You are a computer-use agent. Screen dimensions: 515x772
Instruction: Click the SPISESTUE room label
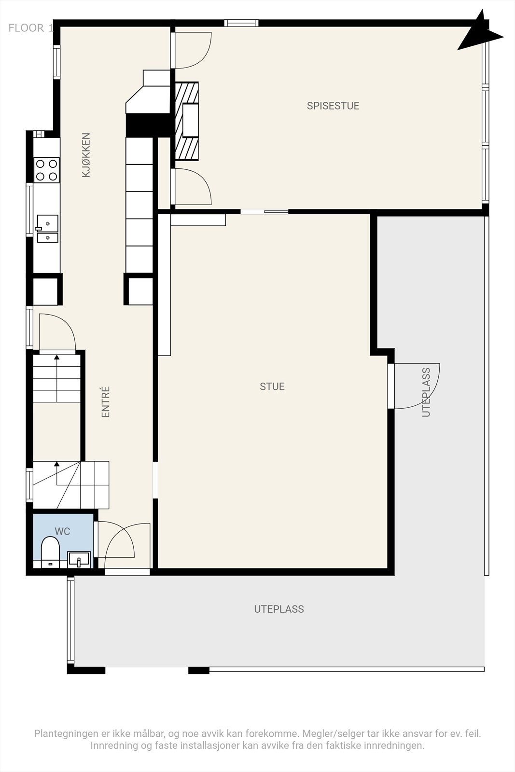(x=333, y=106)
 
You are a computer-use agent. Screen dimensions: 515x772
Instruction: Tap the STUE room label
(x=272, y=386)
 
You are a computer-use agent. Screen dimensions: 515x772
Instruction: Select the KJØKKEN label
(x=86, y=155)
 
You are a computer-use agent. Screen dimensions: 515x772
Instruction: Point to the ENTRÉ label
(x=106, y=402)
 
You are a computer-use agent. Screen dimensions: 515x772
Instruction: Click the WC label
(x=62, y=531)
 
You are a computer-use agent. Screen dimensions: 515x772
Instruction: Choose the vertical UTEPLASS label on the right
(x=426, y=392)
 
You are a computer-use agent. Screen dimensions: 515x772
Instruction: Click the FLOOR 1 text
(x=31, y=28)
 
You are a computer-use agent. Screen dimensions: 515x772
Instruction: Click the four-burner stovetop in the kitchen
(x=46, y=170)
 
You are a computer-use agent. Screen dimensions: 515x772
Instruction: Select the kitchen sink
(x=48, y=229)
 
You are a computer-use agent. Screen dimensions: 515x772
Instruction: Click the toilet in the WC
(x=50, y=552)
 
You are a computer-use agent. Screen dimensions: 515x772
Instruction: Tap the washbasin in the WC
(x=79, y=559)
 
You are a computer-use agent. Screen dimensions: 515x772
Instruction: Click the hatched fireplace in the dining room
(x=186, y=121)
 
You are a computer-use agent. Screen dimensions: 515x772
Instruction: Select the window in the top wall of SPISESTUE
(x=241, y=23)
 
